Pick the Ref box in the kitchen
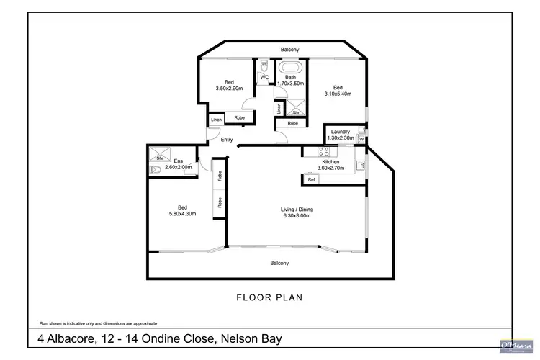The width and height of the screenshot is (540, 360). [312, 180]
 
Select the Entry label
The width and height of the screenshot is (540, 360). [227, 140]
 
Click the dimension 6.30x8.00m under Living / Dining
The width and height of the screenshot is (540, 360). [296, 215]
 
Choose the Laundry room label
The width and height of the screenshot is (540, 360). [340, 131]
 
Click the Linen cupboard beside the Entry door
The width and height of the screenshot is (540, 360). [216, 120]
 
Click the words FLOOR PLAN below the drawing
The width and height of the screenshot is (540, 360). [269, 297]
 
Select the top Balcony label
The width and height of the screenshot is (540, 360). [290, 49]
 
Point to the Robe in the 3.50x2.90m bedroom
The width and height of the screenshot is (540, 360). [239, 117]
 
